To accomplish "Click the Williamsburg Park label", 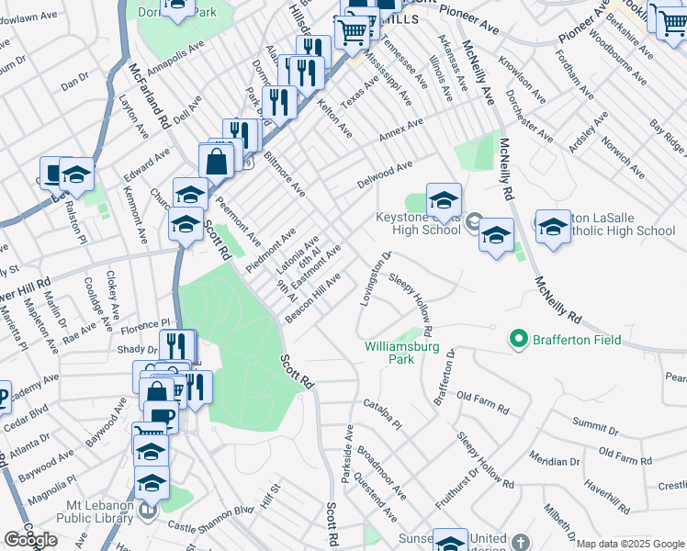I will pyautogui.click(x=403, y=353).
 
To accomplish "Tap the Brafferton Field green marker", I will pyautogui.click(x=520, y=340).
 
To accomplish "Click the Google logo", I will pyautogui.click(x=30, y=540).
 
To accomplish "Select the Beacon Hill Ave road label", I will pyautogui.click(x=313, y=296).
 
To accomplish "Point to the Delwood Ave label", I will pyautogui.click(x=385, y=174).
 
